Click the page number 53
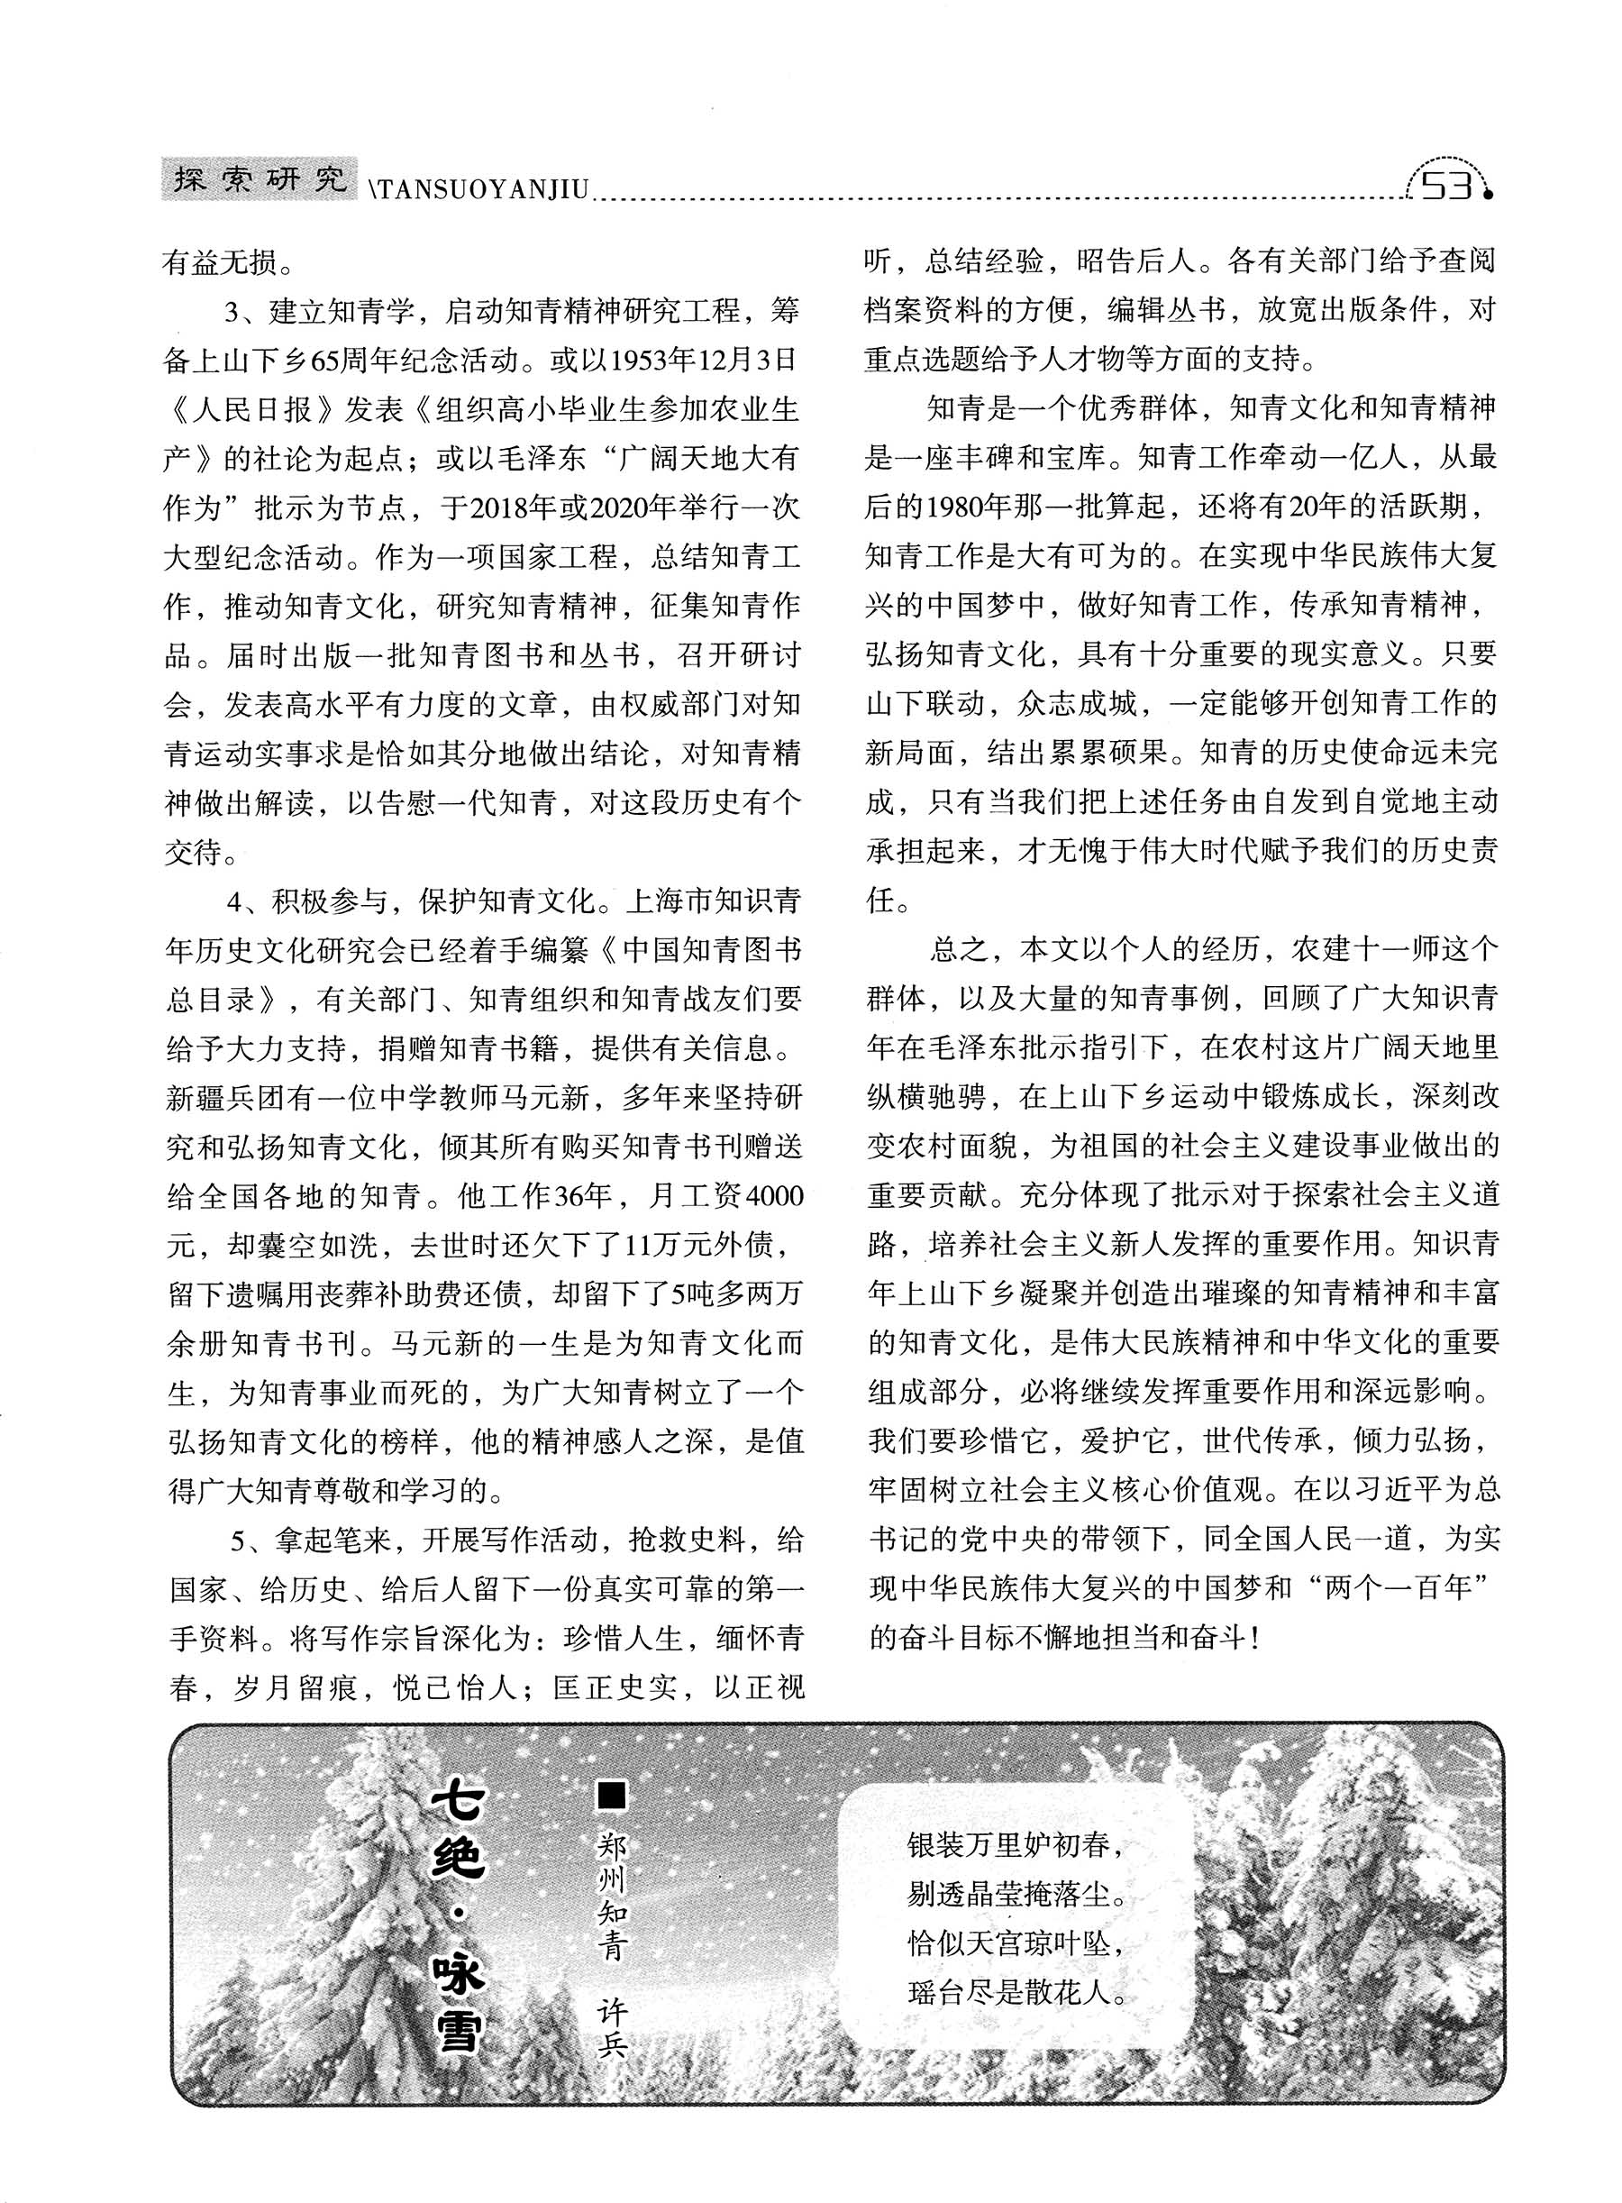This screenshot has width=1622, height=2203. click(1446, 184)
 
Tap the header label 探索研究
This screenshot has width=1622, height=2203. click(260, 179)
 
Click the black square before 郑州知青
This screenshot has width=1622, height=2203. click(612, 1797)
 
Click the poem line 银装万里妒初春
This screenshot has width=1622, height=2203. click(1016, 1844)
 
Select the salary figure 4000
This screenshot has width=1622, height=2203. click(776, 1195)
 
